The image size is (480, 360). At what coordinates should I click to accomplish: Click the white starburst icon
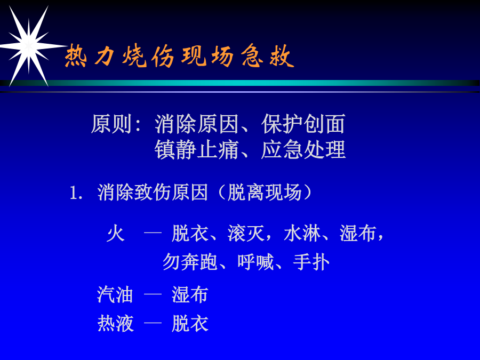pos(28,46)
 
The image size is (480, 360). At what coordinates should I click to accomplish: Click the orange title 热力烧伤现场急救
pos(179,56)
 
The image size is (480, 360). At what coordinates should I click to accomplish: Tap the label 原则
pos(112,124)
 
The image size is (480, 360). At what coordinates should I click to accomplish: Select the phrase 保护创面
pos(303,124)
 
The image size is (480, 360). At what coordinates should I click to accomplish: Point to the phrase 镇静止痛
pos(196,150)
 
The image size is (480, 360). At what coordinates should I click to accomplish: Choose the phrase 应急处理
pos(303,150)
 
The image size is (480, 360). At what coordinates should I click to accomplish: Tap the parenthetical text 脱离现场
pos(265,193)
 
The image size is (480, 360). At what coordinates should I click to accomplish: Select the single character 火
pos(116,234)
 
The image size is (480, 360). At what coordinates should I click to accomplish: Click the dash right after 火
pos(153,233)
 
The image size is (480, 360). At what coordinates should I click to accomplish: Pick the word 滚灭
pos(246,234)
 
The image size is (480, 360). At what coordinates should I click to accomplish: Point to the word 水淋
pos(302,234)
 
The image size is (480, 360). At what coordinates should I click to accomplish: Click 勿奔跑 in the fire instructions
pos(190,262)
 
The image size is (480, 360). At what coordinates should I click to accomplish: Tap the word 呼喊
pos(255,262)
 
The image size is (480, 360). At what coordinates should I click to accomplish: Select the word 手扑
pos(311,262)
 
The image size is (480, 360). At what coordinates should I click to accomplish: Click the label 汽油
pos(115,295)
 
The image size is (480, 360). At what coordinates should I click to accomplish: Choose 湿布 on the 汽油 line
pos(190,295)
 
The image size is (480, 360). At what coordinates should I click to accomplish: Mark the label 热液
pos(115,324)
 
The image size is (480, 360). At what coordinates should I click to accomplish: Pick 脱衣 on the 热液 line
pos(190,324)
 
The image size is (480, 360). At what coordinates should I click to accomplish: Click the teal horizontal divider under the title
pos(240,83)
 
